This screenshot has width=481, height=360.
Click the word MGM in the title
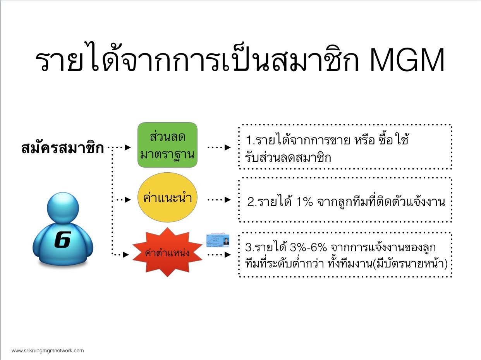(x=407, y=60)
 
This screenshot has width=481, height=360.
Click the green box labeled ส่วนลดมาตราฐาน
(x=167, y=145)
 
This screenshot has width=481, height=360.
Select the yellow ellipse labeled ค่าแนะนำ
(x=167, y=197)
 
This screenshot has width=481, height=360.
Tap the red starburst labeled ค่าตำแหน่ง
(x=167, y=252)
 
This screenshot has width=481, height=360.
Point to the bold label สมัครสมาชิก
(x=63, y=148)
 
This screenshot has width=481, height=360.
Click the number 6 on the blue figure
(x=63, y=240)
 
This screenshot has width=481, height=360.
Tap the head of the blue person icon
(x=63, y=208)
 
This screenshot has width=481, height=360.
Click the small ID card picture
(x=218, y=240)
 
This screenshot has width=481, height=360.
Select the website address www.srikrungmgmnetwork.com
(x=48, y=351)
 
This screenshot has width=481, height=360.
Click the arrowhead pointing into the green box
(x=128, y=147)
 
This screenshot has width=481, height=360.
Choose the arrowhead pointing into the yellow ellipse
(x=128, y=199)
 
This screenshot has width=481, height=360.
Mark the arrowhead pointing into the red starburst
(x=126, y=254)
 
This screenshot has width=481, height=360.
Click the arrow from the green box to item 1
(x=219, y=147)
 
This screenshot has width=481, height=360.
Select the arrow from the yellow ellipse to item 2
(x=219, y=199)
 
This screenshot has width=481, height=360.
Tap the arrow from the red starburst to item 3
(x=219, y=254)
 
